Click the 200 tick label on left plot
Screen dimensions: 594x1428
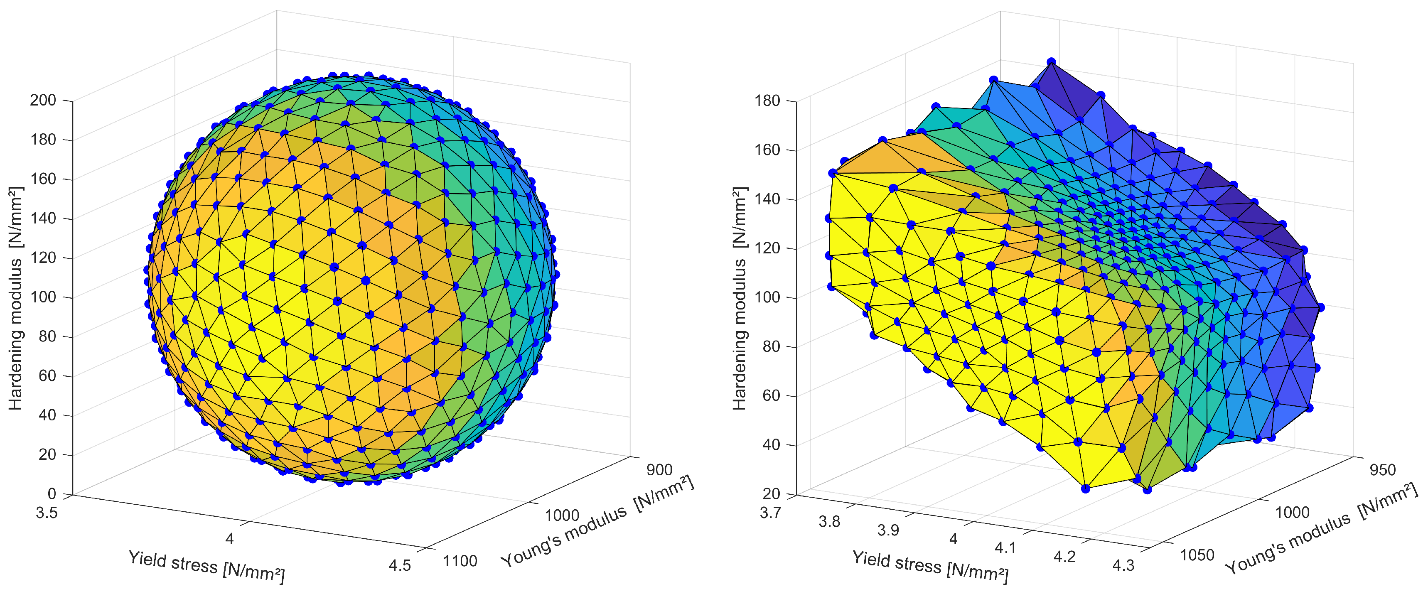coord(43,100)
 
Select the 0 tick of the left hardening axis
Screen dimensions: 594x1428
coord(52,494)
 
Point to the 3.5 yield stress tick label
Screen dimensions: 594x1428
coord(47,513)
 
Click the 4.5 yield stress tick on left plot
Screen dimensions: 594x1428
coord(400,566)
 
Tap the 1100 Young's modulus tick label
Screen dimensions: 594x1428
coord(460,561)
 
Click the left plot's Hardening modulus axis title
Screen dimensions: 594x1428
coord(15,298)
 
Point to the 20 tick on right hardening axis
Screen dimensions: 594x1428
coord(771,494)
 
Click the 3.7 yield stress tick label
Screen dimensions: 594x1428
coord(771,513)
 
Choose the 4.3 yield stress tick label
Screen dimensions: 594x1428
coord(1123,566)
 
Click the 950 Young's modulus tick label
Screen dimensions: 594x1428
coord(1383,470)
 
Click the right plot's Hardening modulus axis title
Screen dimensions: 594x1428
coord(740,298)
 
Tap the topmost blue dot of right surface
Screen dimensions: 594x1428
coord(1051,62)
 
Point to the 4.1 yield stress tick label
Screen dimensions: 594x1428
coord(1005,548)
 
